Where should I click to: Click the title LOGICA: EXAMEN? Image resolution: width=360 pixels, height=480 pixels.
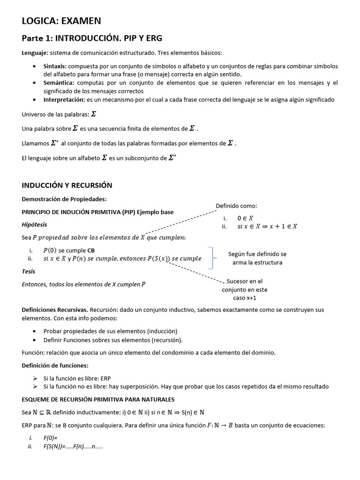(61, 20)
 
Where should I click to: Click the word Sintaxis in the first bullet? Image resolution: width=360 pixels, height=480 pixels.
(54, 66)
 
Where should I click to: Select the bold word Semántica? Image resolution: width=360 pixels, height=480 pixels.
(57, 82)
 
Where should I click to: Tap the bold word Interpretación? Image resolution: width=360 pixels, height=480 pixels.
(64, 99)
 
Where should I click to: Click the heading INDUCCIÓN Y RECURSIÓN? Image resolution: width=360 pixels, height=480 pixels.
(67, 185)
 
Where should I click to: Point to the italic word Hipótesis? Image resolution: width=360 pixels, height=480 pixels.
(34, 225)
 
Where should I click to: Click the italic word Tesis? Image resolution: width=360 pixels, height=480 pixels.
(29, 271)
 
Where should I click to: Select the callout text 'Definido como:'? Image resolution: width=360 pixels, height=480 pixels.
(236, 206)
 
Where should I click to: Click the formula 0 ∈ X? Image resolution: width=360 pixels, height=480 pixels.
(245, 218)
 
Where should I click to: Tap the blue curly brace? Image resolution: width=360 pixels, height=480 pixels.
(213, 258)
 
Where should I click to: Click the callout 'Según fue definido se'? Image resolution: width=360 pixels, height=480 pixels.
(257, 254)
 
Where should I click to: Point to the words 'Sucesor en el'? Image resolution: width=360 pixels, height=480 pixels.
(244, 281)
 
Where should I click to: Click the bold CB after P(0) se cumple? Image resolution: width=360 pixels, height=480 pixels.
(91, 250)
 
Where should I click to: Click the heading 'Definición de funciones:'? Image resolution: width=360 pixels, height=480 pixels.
(55, 365)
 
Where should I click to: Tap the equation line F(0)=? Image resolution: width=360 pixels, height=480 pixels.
(50, 438)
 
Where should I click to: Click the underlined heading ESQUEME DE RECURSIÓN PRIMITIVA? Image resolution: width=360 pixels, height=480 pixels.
(98, 399)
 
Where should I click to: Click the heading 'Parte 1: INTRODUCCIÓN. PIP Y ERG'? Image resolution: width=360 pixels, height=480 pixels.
(92, 38)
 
